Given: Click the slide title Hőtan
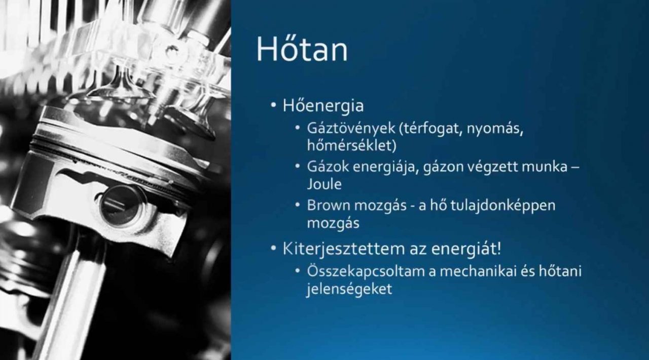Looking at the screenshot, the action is tap(302, 49).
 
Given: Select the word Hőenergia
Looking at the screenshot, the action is tap(323, 105).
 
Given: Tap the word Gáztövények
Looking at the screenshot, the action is tap(351, 129).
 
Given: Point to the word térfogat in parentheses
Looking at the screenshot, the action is tap(430, 129).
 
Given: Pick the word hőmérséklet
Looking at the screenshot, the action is tap(352, 146).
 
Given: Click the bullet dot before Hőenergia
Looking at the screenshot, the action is tap(273, 105).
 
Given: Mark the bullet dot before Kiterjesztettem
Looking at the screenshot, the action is tap(273, 248).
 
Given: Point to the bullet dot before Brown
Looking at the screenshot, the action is tap(297, 205).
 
